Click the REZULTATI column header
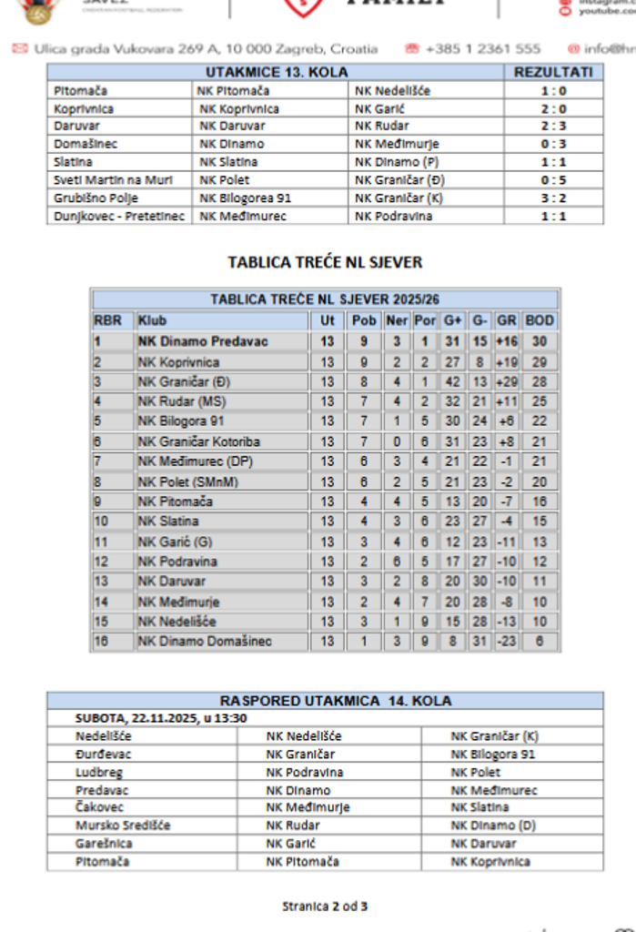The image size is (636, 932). click(553, 73)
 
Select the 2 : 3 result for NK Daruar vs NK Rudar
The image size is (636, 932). click(553, 127)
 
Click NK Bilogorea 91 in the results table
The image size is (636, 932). click(245, 198)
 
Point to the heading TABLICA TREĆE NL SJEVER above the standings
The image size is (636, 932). click(325, 263)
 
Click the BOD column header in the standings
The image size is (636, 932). click(540, 320)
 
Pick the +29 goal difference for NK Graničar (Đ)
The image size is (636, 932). click(507, 381)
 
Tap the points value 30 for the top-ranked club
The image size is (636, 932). click(540, 341)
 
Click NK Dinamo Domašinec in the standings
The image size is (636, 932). click(205, 642)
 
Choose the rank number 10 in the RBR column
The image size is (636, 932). click(101, 522)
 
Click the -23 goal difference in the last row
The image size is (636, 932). click(507, 642)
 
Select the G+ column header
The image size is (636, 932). click(452, 320)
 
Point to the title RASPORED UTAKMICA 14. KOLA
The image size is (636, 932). click(325, 701)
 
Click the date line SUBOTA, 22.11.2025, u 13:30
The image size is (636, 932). click(162, 718)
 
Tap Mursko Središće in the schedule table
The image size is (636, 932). click(123, 826)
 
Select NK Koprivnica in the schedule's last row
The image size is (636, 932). click(490, 861)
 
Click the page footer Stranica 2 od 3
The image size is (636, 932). click(325, 906)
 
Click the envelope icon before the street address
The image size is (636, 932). click(19, 49)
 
